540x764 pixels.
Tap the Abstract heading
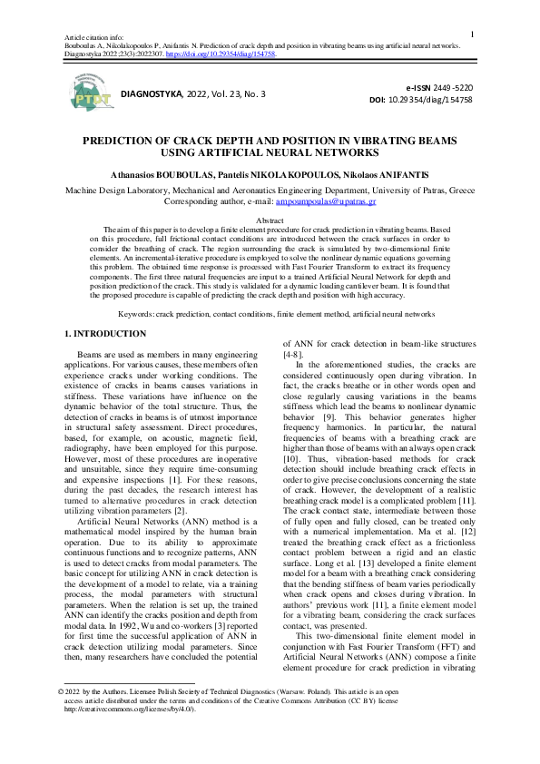(x=270, y=220)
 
